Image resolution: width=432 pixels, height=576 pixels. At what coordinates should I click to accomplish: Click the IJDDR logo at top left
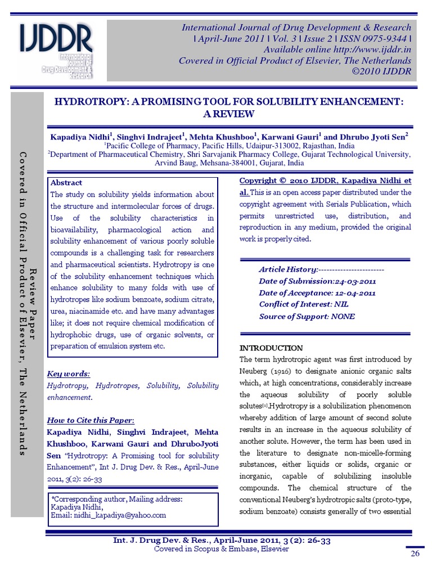click(56, 49)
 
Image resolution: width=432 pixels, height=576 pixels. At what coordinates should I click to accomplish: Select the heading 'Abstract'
click(66, 183)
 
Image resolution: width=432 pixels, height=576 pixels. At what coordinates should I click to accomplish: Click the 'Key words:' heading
click(69, 374)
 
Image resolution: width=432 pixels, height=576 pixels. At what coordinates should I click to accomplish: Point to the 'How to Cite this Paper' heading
click(91, 420)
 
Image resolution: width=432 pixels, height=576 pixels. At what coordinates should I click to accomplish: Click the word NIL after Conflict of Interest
click(341, 304)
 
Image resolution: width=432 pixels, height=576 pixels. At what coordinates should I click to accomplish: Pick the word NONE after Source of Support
click(343, 316)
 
